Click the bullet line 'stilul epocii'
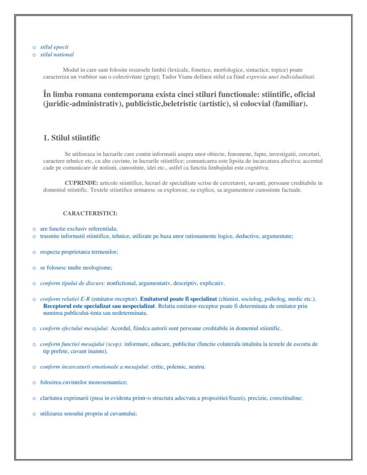click(x=54, y=47)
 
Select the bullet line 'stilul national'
click(x=57, y=55)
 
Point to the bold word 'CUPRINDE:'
click(x=81, y=183)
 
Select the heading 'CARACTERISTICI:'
click(x=90, y=213)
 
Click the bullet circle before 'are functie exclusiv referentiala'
click(x=34, y=229)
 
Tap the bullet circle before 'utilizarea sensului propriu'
click(x=34, y=414)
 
